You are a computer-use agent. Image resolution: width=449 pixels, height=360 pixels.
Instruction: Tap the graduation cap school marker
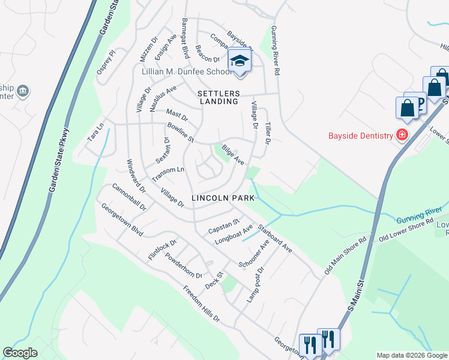(240, 61)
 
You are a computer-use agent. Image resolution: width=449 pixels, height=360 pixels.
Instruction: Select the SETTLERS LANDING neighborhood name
(219, 98)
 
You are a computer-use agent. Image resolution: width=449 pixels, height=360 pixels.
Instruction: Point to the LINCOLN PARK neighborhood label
(219, 198)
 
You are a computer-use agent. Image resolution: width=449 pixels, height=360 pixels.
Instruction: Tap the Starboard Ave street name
(274, 238)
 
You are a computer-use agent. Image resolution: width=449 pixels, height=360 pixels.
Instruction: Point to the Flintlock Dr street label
(162, 250)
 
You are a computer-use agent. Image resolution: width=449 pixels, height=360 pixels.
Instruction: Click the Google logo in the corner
(20, 353)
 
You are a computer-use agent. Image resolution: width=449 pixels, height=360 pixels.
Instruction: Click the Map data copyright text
(411, 355)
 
